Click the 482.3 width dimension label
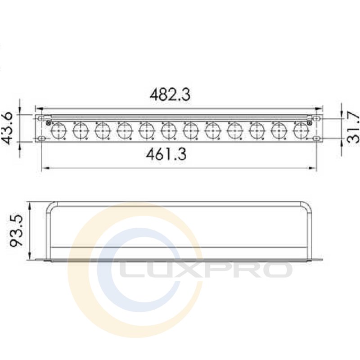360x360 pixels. click(170, 94)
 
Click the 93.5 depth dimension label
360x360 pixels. click(16, 230)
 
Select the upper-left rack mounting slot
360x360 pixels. click(41, 118)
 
